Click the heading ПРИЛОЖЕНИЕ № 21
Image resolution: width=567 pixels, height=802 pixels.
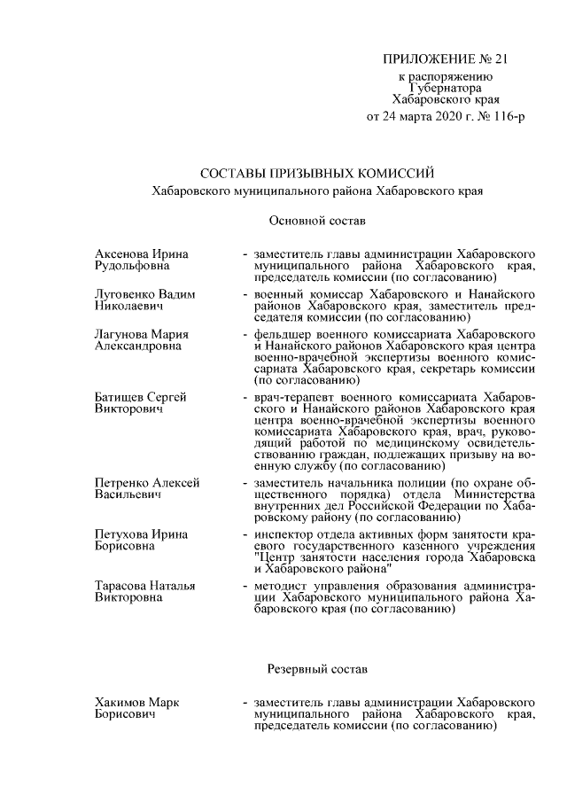(447, 59)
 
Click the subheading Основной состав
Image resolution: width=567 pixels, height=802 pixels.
(316, 218)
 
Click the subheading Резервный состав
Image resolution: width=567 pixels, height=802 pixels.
(316, 666)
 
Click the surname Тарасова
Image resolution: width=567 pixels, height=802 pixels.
(121, 586)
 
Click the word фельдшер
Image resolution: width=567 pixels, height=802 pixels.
(282, 333)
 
